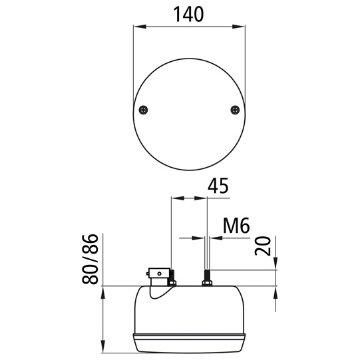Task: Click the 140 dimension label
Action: pyautogui.click(x=188, y=14)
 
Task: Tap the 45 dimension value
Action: pyautogui.click(x=218, y=186)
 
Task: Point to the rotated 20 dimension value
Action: pyautogui.click(x=263, y=246)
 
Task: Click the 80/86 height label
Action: pyautogui.click(x=90, y=260)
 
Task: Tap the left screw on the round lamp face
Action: pyautogui.click(x=143, y=110)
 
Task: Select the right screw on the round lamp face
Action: pyautogui.click(x=235, y=110)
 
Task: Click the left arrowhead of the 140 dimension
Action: pyautogui.click(x=140, y=27)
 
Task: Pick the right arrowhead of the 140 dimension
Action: pyautogui.click(x=238, y=27)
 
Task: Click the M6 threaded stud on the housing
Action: pyautogui.click(x=208, y=275)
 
